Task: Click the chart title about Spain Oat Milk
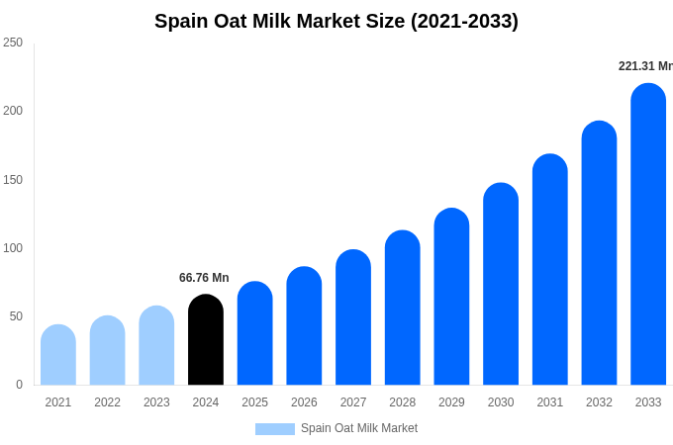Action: [x=336, y=21]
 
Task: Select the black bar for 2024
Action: [x=206, y=340]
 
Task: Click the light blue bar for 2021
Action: [x=58, y=355]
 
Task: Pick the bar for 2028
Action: [x=403, y=309]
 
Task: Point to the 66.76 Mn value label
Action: [x=204, y=278]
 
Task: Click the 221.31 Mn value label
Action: [x=645, y=66]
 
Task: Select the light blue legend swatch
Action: [x=274, y=429]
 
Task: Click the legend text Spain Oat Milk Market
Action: [x=359, y=428]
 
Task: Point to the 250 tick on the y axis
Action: [x=13, y=43]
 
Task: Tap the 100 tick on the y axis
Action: [x=13, y=248]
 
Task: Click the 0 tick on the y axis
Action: [x=19, y=385]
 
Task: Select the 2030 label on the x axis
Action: [x=501, y=402]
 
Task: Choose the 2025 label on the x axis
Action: [x=254, y=402]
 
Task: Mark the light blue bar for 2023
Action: [x=156, y=346]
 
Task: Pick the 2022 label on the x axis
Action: [x=107, y=402]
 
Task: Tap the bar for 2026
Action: [x=304, y=326]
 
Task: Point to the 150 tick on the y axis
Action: [x=13, y=180]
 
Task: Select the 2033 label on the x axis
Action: [x=648, y=402]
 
